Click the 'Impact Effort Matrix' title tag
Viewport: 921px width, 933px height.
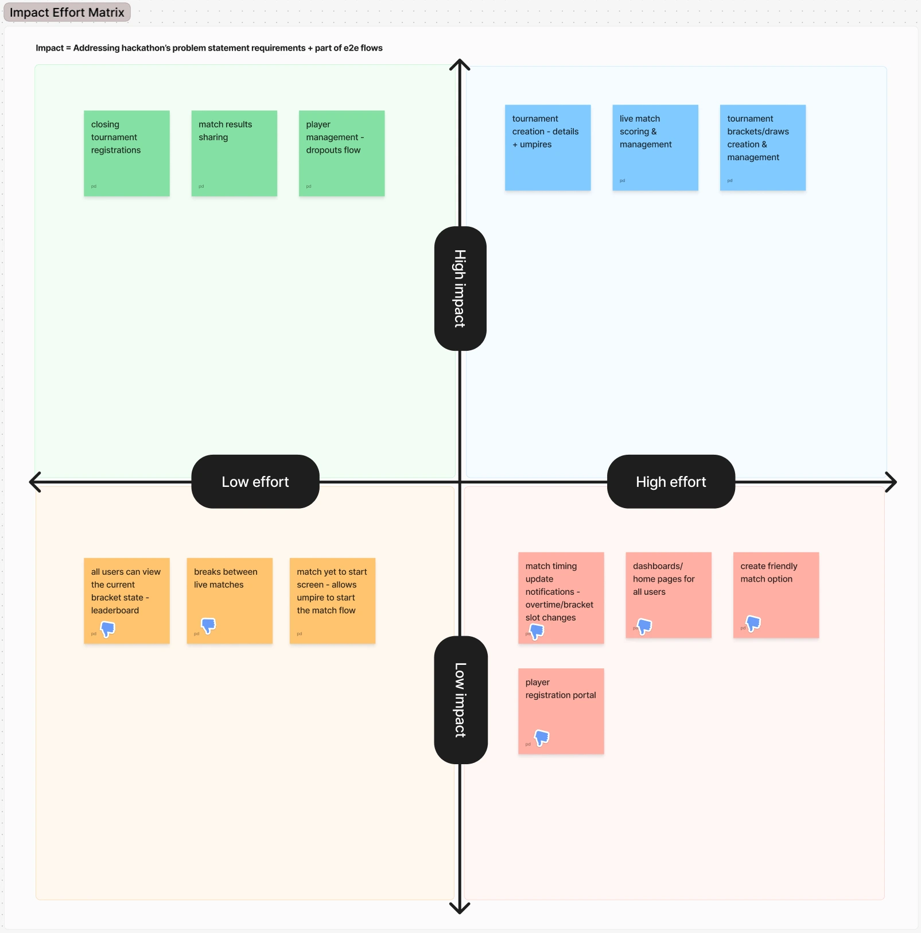pos(67,12)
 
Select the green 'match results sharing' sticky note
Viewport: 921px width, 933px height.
pos(234,153)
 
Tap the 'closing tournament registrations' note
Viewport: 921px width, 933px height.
pos(126,153)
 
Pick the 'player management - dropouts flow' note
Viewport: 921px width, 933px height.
pos(341,153)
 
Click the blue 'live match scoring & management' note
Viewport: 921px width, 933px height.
pos(655,148)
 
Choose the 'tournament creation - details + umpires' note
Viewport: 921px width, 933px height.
pos(547,148)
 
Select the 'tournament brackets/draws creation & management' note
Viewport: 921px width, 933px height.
pos(763,148)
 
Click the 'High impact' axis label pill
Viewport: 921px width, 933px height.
pos(460,288)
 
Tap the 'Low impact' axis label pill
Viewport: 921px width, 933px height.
pos(460,699)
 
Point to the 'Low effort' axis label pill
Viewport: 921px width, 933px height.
pos(255,482)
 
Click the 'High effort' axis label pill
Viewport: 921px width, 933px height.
pos(671,482)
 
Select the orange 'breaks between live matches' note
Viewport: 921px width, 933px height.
pos(230,601)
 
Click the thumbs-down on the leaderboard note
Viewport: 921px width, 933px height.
pos(107,629)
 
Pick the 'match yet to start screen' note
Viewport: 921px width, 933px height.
pos(332,601)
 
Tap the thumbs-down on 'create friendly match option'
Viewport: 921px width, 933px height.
pos(753,623)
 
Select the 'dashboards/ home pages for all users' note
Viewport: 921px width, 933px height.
pos(669,595)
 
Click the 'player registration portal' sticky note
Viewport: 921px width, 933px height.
pos(561,711)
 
